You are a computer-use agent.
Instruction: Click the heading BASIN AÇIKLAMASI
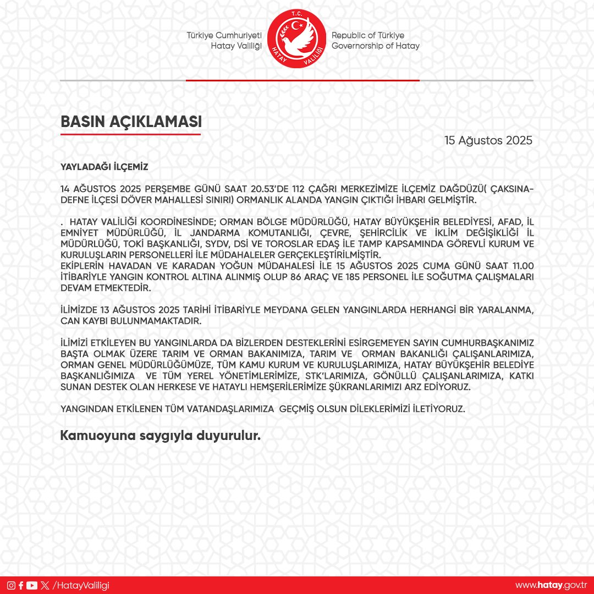tap(130, 122)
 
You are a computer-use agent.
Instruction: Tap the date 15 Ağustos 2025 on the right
tap(488, 140)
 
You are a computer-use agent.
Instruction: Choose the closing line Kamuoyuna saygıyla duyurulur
tap(160, 436)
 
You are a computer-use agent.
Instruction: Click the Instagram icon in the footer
tap(11, 585)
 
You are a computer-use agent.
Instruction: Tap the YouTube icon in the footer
tap(32, 585)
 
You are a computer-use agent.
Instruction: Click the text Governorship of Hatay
tap(375, 46)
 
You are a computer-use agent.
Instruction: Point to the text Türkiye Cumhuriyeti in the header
tap(224, 35)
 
